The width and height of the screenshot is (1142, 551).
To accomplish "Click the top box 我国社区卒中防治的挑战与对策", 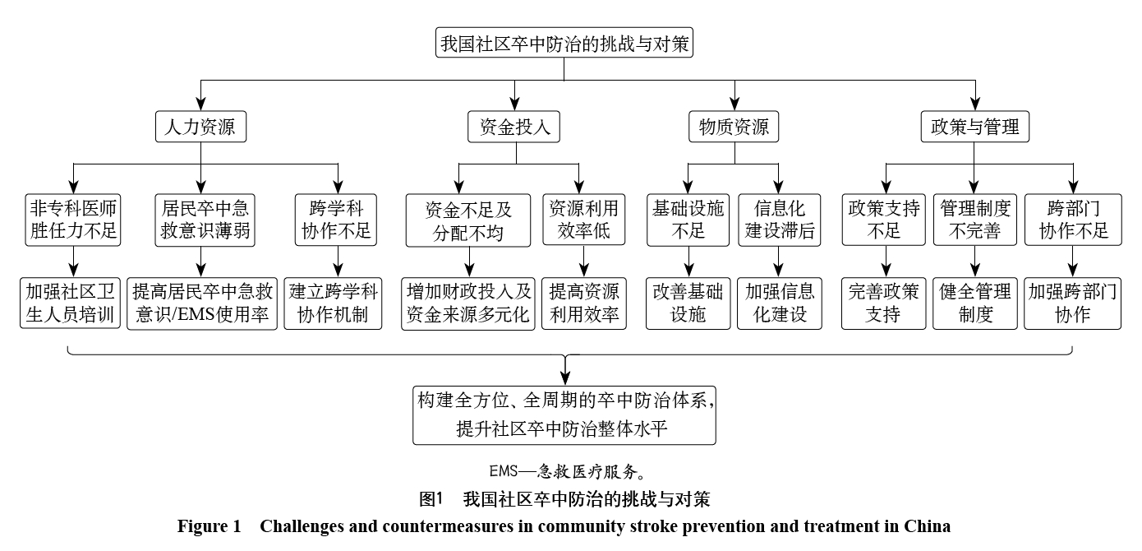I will (x=564, y=44).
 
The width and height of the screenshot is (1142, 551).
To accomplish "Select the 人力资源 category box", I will (x=201, y=127).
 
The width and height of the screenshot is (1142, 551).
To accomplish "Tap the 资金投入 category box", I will (x=514, y=127).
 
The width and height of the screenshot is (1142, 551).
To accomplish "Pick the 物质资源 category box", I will (x=734, y=127).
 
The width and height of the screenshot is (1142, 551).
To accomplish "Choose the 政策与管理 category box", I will (x=974, y=127).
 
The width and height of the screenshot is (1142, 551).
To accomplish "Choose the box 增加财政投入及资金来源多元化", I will (x=468, y=303).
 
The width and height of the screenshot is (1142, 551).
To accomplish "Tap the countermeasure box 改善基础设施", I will (x=688, y=303).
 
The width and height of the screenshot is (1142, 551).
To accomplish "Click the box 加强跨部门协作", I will (x=1071, y=303).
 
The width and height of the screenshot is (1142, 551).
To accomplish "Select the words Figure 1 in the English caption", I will (x=207, y=526).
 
